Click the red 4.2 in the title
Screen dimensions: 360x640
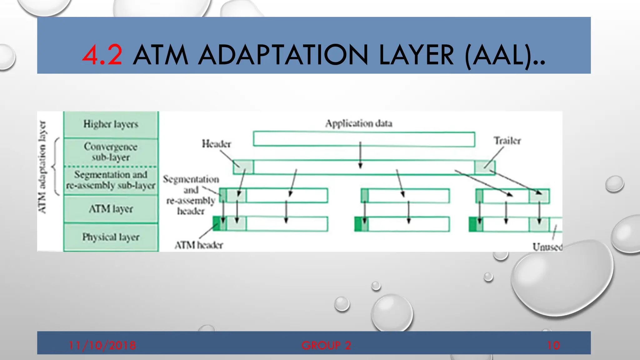coord(102,55)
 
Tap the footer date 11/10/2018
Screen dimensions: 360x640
coord(102,345)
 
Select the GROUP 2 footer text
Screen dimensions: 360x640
coord(326,345)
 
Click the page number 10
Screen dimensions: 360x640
coord(553,345)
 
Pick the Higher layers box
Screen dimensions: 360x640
coord(111,124)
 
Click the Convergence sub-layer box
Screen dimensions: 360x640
coord(111,152)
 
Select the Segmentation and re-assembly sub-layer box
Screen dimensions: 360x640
coord(111,180)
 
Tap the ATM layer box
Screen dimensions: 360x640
coord(111,208)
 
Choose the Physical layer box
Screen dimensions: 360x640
coord(111,237)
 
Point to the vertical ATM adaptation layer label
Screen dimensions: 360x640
coord(42,167)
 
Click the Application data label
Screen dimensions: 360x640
coord(358,123)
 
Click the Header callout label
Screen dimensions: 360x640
coord(216,144)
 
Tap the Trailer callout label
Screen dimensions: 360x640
coord(507,141)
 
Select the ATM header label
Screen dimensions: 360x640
coord(199,245)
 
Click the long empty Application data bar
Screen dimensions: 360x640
coord(364,139)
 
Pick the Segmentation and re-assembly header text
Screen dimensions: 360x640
coord(191,195)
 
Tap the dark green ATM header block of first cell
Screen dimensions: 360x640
coord(216,224)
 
